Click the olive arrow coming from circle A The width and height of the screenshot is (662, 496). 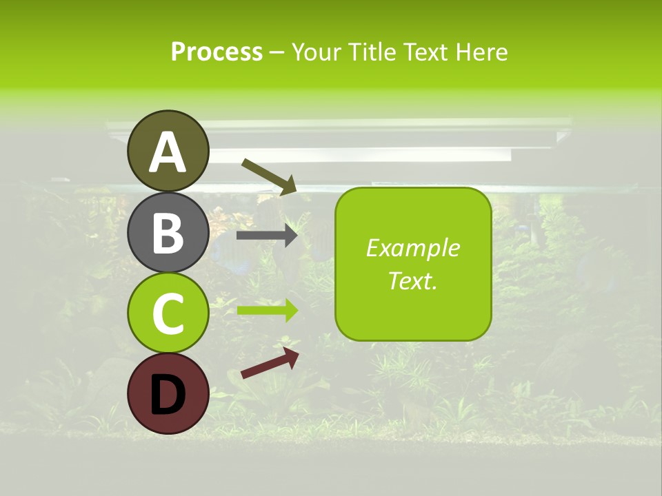tap(269, 176)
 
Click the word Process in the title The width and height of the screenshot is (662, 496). tap(217, 52)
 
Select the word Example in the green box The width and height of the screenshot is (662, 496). tap(412, 248)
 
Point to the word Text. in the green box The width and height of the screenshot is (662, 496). tap(412, 280)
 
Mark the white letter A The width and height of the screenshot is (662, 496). tap(168, 153)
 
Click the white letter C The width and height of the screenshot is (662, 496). tap(168, 314)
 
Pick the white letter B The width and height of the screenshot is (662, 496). tap(168, 233)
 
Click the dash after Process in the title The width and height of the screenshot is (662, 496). tap(277, 52)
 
